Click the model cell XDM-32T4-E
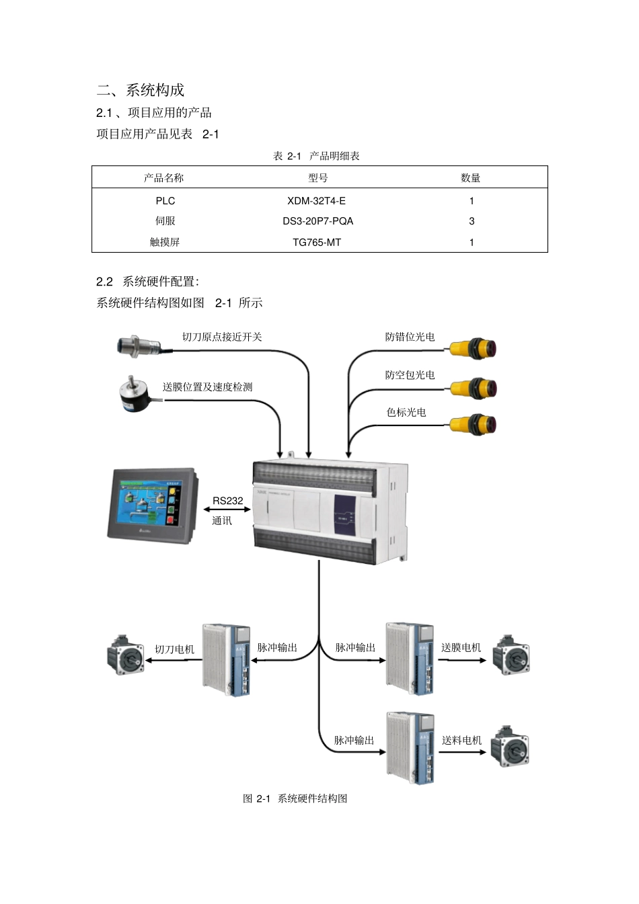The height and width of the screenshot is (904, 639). tap(316, 201)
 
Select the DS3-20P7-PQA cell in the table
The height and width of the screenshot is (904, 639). tap(317, 221)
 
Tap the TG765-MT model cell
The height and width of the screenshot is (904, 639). tap(317, 242)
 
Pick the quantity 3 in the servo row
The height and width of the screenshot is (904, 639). tap(472, 221)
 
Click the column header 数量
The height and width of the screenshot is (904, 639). tap(471, 178)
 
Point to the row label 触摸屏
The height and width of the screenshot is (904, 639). tap(165, 242)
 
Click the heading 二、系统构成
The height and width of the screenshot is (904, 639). tap(141, 90)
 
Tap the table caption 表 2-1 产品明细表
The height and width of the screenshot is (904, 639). tap(316, 156)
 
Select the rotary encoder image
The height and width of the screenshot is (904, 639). tap(139, 393)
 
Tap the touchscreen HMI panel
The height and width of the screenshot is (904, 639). tap(152, 505)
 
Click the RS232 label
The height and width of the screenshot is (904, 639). tap(227, 501)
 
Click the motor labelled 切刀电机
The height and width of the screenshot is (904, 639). tap(126, 655)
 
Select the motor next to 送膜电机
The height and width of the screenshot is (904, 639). tap(511, 655)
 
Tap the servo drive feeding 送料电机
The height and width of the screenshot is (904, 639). tap(410, 748)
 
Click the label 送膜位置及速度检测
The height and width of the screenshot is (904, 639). tap(207, 387)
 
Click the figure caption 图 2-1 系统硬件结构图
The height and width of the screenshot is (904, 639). tap(295, 798)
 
